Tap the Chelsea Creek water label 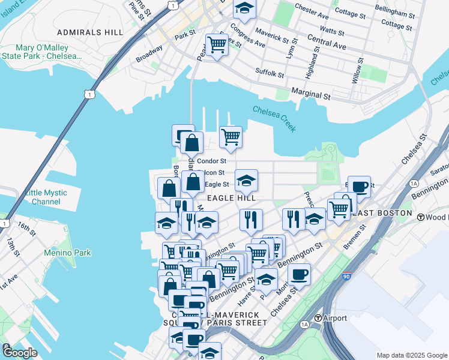274,119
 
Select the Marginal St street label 311,95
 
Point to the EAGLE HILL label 231,197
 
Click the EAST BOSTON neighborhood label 382,213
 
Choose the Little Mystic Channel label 50,197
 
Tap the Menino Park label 67,253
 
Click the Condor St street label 211,161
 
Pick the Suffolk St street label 270,74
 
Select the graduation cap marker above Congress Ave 244,8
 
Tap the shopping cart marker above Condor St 231,136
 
